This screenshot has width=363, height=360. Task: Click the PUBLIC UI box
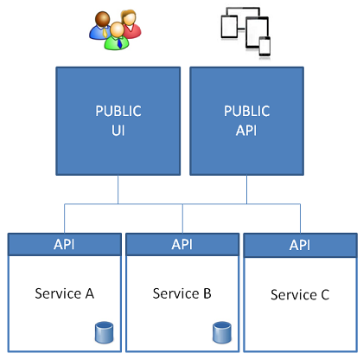(x=118, y=121)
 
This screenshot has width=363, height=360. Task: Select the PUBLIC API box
(x=246, y=121)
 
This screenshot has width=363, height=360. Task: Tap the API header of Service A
(x=65, y=245)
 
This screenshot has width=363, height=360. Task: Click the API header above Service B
(x=182, y=245)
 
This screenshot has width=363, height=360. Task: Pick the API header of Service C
(x=301, y=246)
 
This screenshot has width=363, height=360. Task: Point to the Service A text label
(x=65, y=293)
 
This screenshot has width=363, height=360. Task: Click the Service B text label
(x=182, y=293)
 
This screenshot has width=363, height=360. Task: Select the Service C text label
(x=300, y=295)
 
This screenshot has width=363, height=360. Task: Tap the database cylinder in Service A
(x=104, y=332)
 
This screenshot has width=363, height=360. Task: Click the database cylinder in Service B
(x=222, y=332)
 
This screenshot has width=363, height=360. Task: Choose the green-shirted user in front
(x=117, y=36)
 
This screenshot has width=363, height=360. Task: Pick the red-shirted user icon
(x=131, y=23)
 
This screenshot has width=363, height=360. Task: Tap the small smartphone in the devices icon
(x=264, y=46)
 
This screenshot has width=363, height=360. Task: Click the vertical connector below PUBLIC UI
(x=118, y=190)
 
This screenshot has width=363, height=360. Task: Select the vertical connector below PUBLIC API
(x=246, y=190)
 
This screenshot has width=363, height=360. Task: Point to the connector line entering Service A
(x=65, y=219)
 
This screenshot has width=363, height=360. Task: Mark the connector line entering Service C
(x=301, y=219)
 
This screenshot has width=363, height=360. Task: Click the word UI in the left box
(x=118, y=131)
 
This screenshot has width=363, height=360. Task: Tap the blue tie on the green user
(x=119, y=43)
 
